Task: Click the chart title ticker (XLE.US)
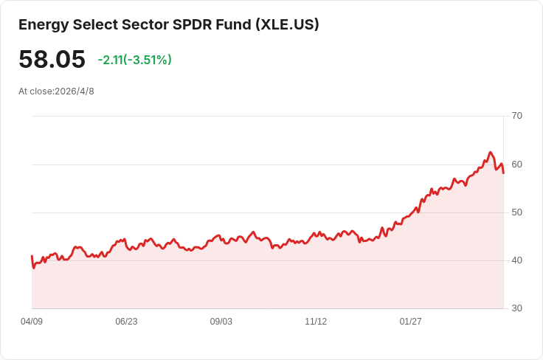click(x=287, y=24)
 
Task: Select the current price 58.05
click(x=52, y=60)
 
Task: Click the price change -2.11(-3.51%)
click(x=134, y=60)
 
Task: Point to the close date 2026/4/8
click(x=74, y=91)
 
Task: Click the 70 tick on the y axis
click(x=516, y=116)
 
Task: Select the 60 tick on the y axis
click(x=516, y=164)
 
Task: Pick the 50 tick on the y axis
click(x=516, y=212)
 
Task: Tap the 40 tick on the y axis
click(x=516, y=260)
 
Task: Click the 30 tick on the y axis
click(x=516, y=308)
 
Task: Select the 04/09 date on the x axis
click(x=32, y=322)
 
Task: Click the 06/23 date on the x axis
click(x=126, y=322)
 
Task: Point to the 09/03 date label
click(x=221, y=322)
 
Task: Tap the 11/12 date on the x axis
click(x=316, y=322)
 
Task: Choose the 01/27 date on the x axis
click(x=410, y=322)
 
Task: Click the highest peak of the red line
click(x=490, y=153)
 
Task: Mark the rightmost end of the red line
click(x=503, y=173)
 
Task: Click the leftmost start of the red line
click(x=32, y=256)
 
